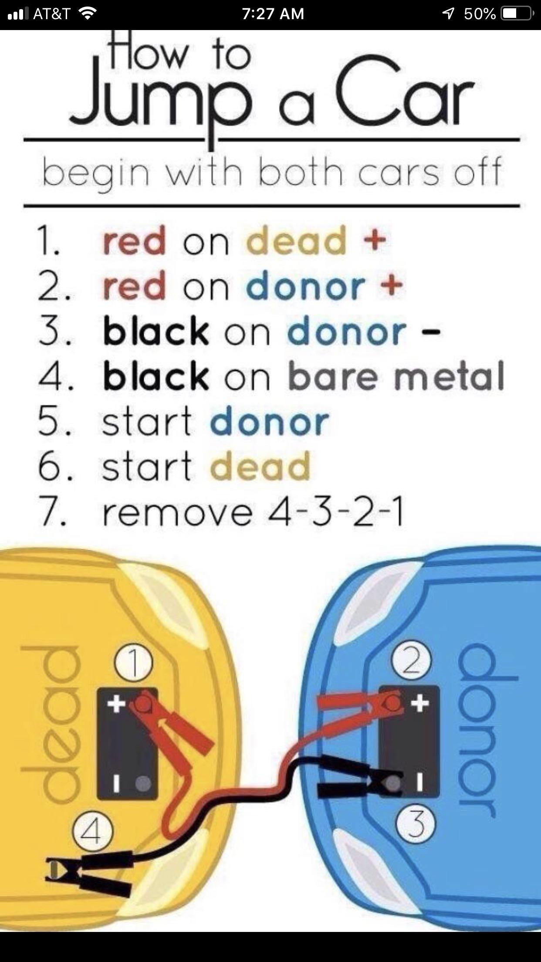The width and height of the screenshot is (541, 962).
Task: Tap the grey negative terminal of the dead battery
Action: tap(143, 783)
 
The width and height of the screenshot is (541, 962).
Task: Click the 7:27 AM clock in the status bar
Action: tap(273, 14)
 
